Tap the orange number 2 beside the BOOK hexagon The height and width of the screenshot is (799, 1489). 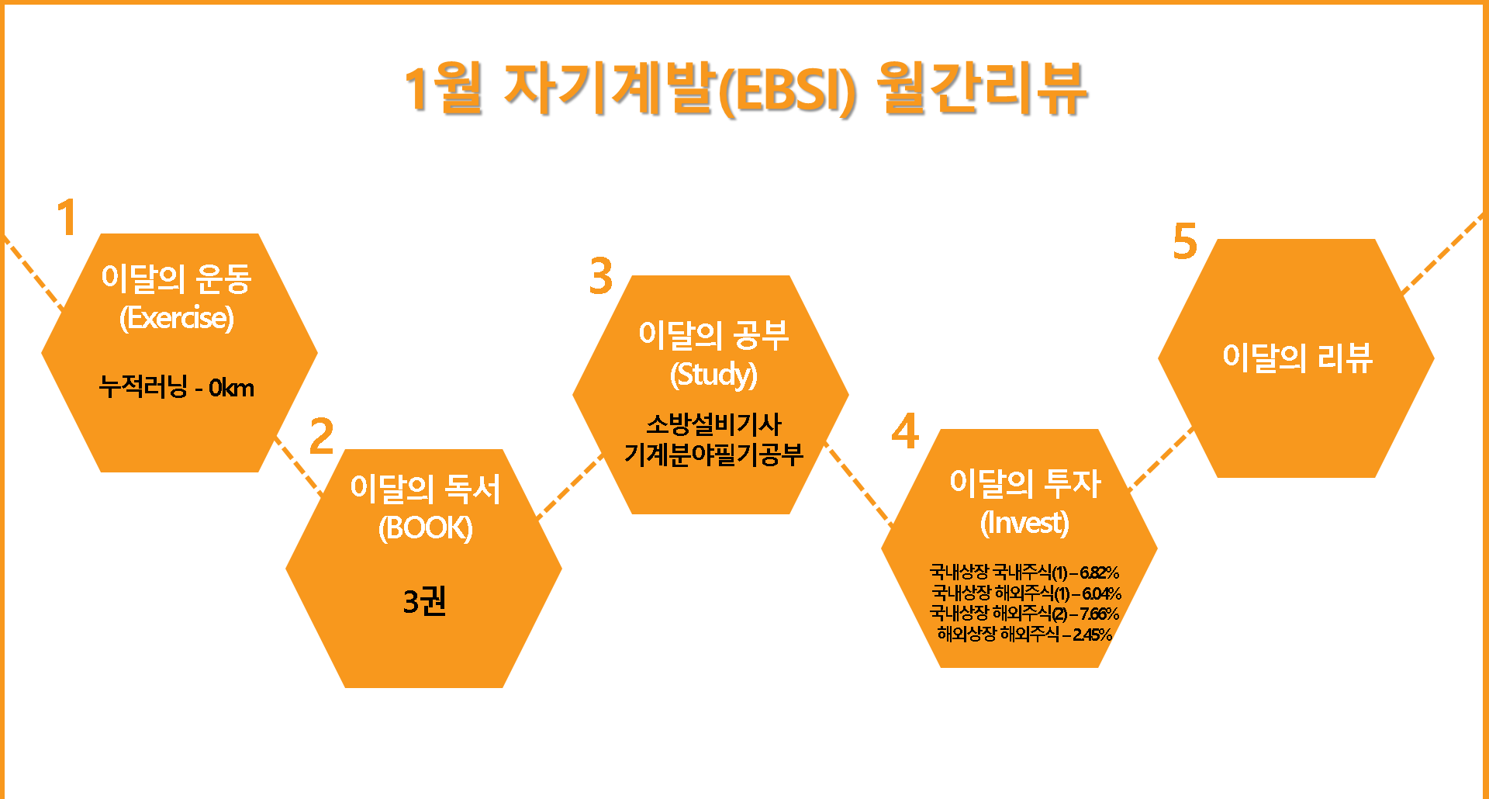(x=321, y=436)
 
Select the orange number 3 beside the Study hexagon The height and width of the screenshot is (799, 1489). (x=601, y=276)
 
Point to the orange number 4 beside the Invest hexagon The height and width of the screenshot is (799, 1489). (x=905, y=431)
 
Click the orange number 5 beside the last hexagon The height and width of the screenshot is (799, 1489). (x=1185, y=241)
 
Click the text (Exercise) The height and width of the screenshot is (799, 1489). (x=177, y=318)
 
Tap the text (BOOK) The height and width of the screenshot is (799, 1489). (x=425, y=528)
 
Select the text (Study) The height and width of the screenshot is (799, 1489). (x=713, y=375)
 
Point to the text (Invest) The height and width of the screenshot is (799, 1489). (x=1024, y=523)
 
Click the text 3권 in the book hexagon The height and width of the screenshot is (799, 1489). (x=425, y=601)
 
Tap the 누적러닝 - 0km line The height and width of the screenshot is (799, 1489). (x=177, y=387)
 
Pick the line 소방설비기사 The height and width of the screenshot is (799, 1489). (x=713, y=424)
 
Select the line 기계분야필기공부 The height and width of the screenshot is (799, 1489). (x=713, y=455)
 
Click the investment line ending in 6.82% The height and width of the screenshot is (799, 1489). (x=1024, y=572)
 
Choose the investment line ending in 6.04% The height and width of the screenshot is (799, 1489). (x=1026, y=593)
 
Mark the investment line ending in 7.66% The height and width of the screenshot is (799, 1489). (x=1024, y=614)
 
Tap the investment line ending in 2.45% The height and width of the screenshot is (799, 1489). (x=1024, y=635)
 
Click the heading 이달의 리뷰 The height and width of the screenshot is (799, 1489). (x=1297, y=358)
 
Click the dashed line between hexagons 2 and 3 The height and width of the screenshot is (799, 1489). (x=569, y=486)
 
